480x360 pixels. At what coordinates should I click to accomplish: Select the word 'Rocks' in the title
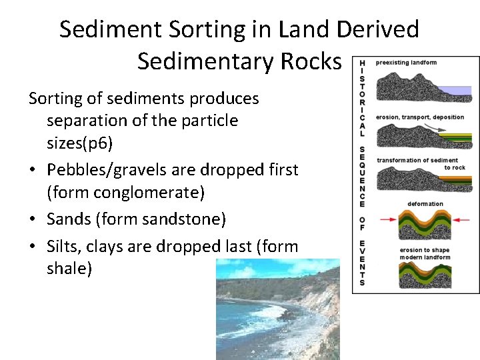(x=309, y=61)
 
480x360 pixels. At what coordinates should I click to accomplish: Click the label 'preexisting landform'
(x=406, y=63)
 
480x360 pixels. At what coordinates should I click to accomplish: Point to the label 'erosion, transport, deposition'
(x=420, y=117)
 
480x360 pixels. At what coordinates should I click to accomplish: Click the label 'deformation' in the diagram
(x=425, y=204)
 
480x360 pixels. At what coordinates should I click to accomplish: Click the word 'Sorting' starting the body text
(x=57, y=99)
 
